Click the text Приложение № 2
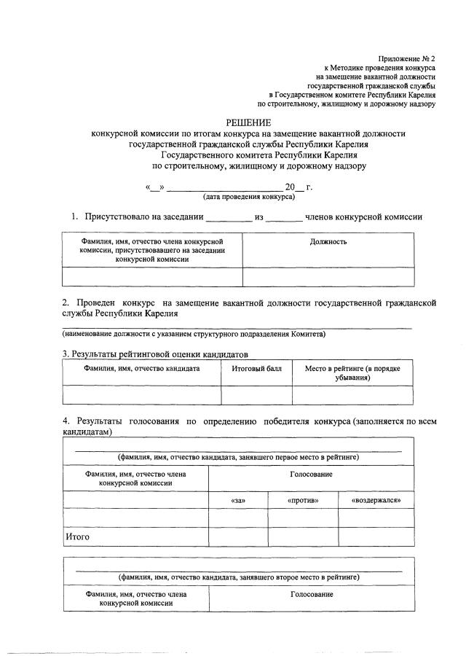click(406, 57)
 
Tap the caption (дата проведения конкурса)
click(249, 197)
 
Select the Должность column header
click(328, 241)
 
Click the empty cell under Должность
click(328, 277)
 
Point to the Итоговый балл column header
click(256, 369)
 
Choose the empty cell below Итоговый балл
click(256, 394)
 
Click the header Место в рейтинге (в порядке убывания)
click(353, 373)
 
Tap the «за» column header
click(237, 501)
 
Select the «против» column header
click(303, 501)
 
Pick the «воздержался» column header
click(376, 501)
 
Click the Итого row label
click(78, 536)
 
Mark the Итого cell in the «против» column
click(303, 536)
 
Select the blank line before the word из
click(229, 217)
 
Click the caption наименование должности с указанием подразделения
click(194, 334)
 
